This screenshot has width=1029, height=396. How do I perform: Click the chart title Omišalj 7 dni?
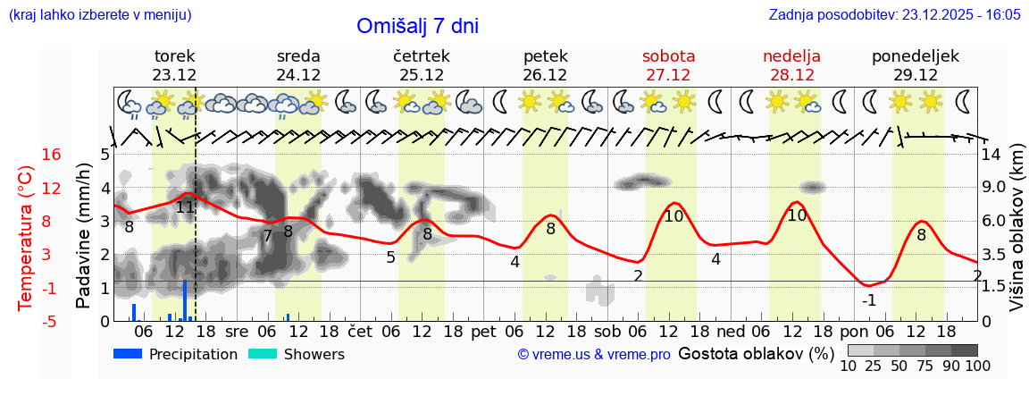[x=417, y=27]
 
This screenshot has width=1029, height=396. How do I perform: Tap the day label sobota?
[x=668, y=56]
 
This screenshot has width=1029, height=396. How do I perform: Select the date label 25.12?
[x=422, y=75]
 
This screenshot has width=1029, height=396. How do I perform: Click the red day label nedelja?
[x=791, y=56]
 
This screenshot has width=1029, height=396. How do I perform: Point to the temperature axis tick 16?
[x=51, y=155]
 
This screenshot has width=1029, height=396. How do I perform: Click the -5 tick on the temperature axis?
[x=51, y=321]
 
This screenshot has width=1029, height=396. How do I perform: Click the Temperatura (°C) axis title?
[x=26, y=237]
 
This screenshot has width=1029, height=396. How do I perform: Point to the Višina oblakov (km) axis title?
[x=1017, y=237]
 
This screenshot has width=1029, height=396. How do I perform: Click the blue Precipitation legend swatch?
[x=128, y=354]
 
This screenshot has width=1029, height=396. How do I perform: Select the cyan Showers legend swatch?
[x=262, y=354]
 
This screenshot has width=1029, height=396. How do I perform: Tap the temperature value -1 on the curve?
[x=868, y=300]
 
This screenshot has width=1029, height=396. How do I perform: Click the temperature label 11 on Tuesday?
[x=185, y=207]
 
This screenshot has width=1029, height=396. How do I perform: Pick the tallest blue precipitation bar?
[x=185, y=300]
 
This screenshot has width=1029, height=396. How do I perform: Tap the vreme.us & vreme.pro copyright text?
[x=593, y=355]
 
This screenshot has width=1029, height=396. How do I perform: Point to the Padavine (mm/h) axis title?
[x=84, y=237]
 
